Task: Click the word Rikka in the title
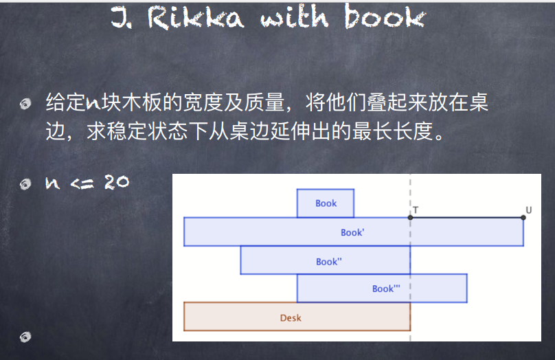pyautogui.click(x=196, y=17)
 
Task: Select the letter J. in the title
pyautogui.click(x=122, y=18)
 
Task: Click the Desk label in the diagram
pyautogui.click(x=291, y=318)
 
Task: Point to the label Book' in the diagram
pyautogui.click(x=352, y=233)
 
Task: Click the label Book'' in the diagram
pyautogui.click(x=329, y=262)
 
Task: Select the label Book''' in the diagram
pyautogui.click(x=386, y=289)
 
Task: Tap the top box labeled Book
pyautogui.click(x=326, y=203)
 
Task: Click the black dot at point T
pyautogui.click(x=410, y=217)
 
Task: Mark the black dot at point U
pyautogui.click(x=523, y=217)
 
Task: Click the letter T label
pyautogui.click(x=416, y=210)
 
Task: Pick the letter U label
pyautogui.click(x=528, y=210)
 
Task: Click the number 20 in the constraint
pyautogui.click(x=117, y=183)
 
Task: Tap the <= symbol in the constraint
pyautogui.click(x=82, y=183)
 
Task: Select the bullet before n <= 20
pyautogui.click(x=25, y=184)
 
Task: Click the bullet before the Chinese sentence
pyautogui.click(x=25, y=104)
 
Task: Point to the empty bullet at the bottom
pyautogui.click(x=25, y=337)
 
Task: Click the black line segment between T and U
pyautogui.click(x=467, y=217)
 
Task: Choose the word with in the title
pyautogui.click(x=295, y=17)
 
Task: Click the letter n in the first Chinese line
pyautogui.click(x=93, y=103)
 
